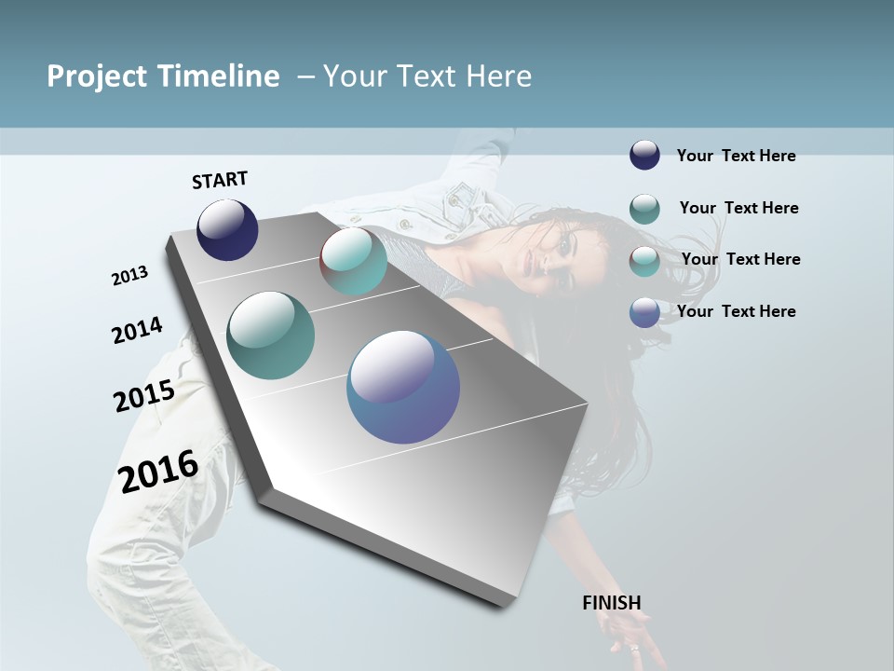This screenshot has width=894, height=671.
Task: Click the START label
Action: (x=220, y=180)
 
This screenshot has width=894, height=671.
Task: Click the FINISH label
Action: (x=611, y=603)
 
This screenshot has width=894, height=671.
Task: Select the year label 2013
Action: (x=130, y=276)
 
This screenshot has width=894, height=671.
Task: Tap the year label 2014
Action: (x=137, y=331)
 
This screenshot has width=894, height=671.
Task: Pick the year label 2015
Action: (x=144, y=396)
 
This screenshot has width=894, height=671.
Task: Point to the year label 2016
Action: (x=158, y=471)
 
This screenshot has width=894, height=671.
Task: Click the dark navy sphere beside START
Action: (x=227, y=229)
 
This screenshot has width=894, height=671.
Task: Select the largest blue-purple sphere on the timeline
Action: (x=403, y=387)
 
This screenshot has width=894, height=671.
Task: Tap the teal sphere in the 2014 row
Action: (x=271, y=335)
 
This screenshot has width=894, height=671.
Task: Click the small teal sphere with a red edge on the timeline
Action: (x=354, y=261)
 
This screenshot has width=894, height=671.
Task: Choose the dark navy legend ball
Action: (x=644, y=155)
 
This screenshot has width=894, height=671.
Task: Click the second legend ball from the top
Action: (x=644, y=209)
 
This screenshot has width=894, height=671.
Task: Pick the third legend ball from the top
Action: (x=644, y=261)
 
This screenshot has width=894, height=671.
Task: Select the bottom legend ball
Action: (x=644, y=312)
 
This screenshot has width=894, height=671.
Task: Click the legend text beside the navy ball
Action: (x=736, y=156)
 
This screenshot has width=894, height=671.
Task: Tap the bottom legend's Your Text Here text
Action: (x=736, y=311)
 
